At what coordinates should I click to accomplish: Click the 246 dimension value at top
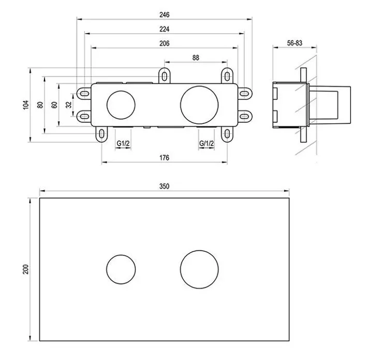pos(165,15)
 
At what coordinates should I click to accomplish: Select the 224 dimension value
pos(165,29)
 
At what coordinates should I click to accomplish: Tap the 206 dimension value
pos(165,44)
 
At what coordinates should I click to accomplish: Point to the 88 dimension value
pos(196,58)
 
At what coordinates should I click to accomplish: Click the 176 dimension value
pos(165,158)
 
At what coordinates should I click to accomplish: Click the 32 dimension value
pos(69,105)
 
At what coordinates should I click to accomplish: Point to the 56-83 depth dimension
pos(295,44)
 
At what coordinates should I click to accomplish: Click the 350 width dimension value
pos(165,186)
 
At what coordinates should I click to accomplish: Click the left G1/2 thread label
pos(122,143)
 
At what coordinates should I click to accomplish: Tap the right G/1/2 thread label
pos(206,143)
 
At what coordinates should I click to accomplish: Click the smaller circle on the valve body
pos(121,104)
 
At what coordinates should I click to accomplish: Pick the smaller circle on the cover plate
pos(121,269)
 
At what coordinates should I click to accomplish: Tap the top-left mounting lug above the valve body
pos(164,76)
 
